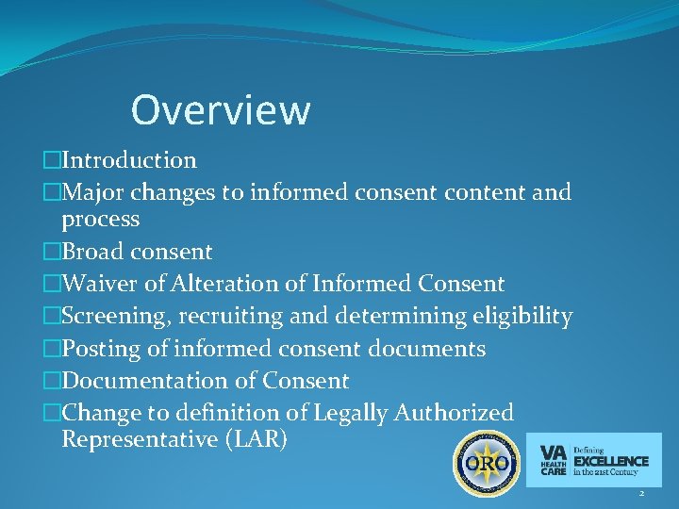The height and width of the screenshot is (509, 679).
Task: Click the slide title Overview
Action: tap(220, 110)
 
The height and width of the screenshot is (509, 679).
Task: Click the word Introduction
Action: tap(129, 161)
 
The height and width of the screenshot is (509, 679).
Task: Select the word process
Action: tap(101, 221)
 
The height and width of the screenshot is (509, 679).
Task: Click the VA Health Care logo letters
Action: tap(554, 460)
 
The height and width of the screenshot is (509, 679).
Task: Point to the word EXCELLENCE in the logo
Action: tap(611, 461)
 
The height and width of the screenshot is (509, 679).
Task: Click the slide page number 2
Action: tap(641, 493)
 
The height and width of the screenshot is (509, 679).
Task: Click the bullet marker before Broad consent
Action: tap(52, 253)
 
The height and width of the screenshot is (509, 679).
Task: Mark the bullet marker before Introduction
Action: tap(52, 161)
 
